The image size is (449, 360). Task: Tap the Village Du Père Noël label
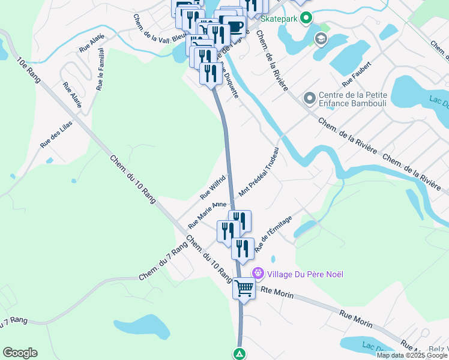(x=306, y=274)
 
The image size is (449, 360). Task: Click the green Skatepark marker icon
(x=306, y=19)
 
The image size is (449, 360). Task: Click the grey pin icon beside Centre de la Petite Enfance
(x=310, y=97)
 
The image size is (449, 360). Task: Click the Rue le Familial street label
(x=100, y=69)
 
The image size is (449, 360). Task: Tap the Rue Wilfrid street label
(x=212, y=187)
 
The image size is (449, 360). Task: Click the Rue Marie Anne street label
(x=207, y=214)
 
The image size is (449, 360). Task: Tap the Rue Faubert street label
(x=357, y=72)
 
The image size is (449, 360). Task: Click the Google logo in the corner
(x=20, y=353)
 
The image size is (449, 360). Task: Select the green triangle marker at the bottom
(x=240, y=353)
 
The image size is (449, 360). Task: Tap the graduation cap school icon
(x=321, y=40)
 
